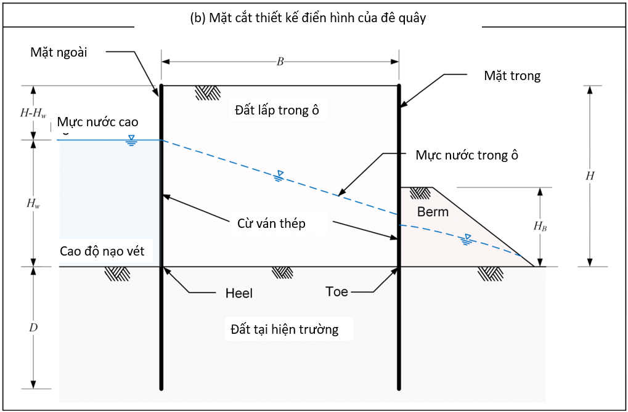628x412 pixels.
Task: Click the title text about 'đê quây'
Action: pyautogui.click(x=307, y=18)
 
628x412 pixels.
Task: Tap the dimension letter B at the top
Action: pyautogui.click(x=280, y=62)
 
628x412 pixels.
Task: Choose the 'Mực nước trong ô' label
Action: pyautogui.click(x=467, y=155)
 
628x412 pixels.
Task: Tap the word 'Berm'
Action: pyautogui.click(x=433, y=212)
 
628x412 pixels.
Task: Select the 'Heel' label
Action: pyautogui.click(x=239, y=294)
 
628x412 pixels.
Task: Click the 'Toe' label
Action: pyautogui.click(x=336, y=292)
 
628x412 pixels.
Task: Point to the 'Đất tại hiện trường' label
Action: pyautogui.click(x=285, y=330)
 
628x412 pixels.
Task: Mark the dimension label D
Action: pyautogui.click(x=34, y=327)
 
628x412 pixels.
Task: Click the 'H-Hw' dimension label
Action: pyautogui.click(x=34, y=113)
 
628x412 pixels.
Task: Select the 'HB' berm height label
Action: pyautogui.click(x=540, y=226)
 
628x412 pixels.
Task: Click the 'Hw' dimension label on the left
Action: pyautogui.click(x=33, y=203)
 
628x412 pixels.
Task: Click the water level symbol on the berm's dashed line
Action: pyautogui.click(x=465, y=239)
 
